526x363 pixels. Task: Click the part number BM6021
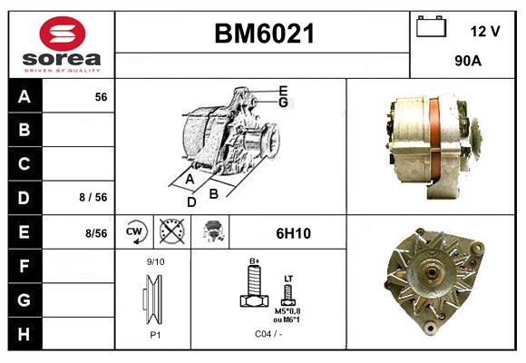click(x=263, y=34)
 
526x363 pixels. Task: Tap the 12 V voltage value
click(x=485, y=31)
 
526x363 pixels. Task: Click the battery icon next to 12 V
click(x=430, y=28)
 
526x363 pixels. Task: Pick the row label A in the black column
click(x=24, y=96)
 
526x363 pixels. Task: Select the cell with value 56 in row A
click(x=101, y=96)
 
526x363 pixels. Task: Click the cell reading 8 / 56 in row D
click(x=93, y=195)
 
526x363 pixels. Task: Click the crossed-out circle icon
click(x=170, y=232)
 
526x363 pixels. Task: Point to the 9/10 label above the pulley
click(x=156, y=262)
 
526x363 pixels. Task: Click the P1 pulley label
click(x=155, y=334)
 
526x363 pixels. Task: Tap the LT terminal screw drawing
click(x=288, y=292)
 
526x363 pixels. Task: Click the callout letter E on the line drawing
click(x=283, y=90)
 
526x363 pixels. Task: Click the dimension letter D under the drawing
click(x=191, y=201)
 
